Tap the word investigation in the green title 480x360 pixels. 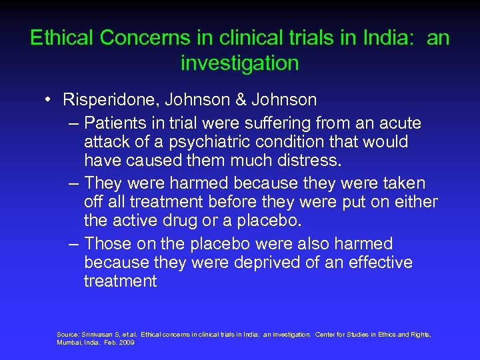tap(239, 63)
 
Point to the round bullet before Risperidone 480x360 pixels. tap(50, 100)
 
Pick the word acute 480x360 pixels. tap(398, 123)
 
